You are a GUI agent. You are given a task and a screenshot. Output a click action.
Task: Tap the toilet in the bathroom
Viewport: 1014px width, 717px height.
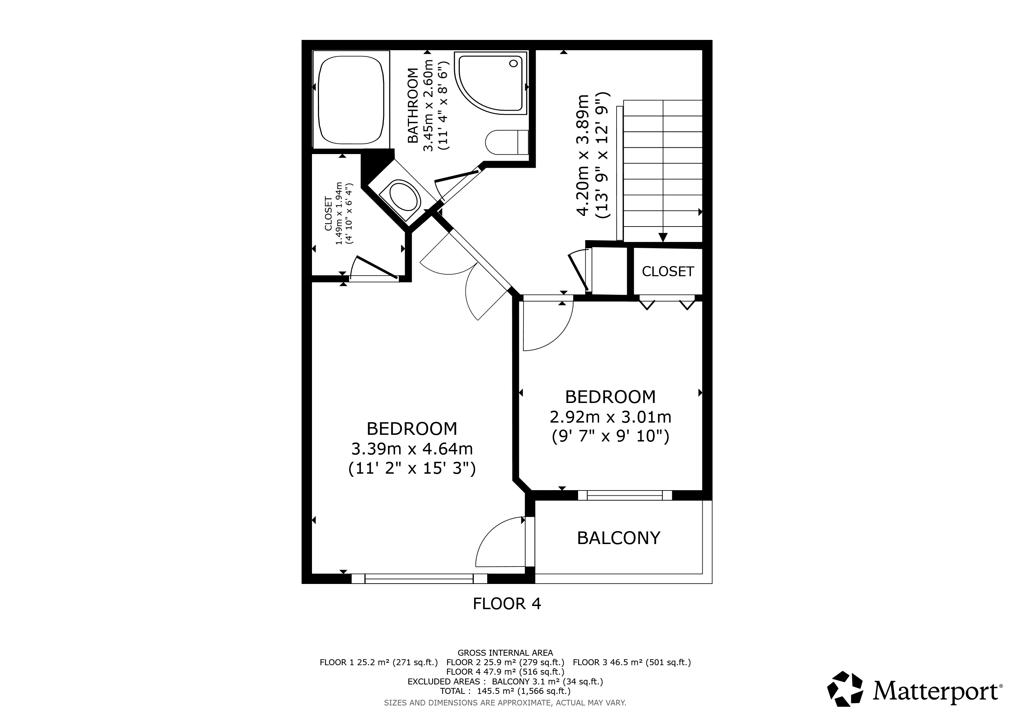[x=507, y=142]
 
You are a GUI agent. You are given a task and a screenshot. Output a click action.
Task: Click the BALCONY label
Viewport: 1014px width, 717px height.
[x=618, y=538]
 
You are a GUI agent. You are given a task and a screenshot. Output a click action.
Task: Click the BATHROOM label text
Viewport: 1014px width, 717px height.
[x=412, y=105]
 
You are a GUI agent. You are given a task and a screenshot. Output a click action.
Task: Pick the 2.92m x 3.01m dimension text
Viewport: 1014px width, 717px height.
[x=610, y=417]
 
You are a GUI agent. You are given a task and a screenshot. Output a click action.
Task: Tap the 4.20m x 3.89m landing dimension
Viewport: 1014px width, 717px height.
[x=583, y=155]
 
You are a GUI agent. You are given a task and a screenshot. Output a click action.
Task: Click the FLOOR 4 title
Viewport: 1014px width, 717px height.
[x=507, y=604]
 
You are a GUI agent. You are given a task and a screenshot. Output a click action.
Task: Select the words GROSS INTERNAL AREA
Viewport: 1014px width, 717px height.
[x=505, y=653]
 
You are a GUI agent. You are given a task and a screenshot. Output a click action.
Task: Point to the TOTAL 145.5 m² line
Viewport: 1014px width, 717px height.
[x=505, y=691]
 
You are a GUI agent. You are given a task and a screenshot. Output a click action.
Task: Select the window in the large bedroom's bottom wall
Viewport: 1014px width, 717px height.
[x=419, y=578]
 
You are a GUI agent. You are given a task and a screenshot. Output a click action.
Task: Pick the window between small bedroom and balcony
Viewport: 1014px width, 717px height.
[x=625, y=495]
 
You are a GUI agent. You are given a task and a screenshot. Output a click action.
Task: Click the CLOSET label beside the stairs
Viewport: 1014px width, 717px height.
[x=668, y=272]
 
